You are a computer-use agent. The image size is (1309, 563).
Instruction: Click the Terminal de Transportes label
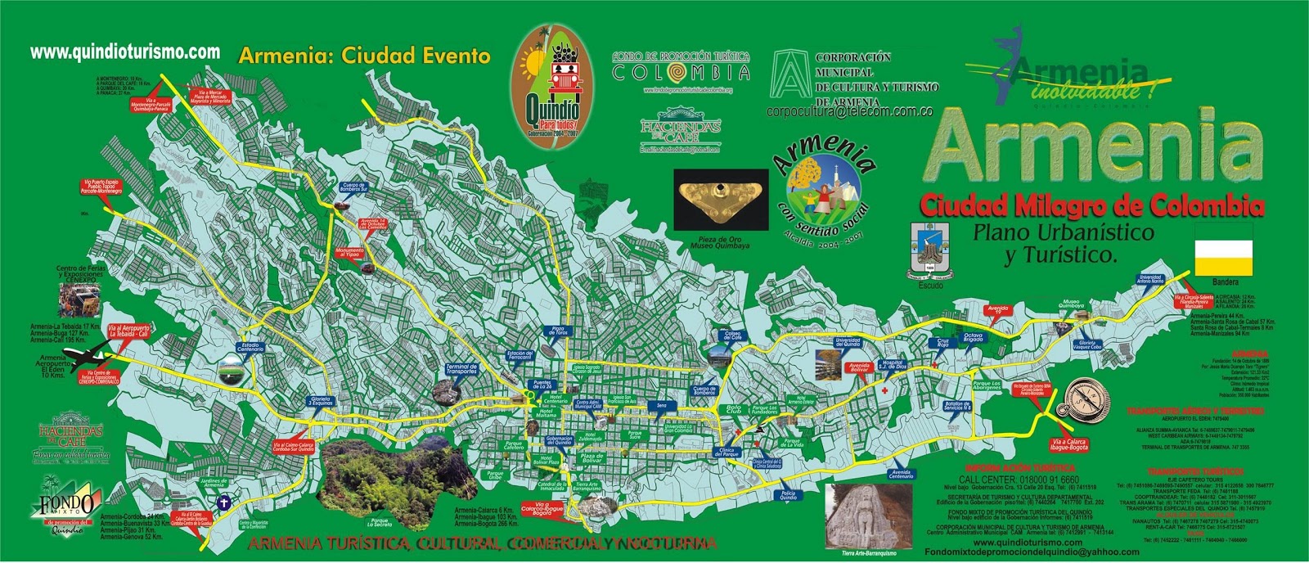pyautogui.click(x=461, y=370)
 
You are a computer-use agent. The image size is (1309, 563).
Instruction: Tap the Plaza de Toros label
pyautogui.click(x=559, y=331)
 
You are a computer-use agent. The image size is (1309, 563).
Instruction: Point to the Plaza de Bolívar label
pyautogui.click(x=592, y=457)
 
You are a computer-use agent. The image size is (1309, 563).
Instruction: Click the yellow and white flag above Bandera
pyautogui.click(x=1223, y=247)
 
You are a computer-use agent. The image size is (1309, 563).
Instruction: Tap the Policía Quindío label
pyautogui.click(x=788, y=494)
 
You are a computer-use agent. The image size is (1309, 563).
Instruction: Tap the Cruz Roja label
pyautogui.click(x=943, y=341)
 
